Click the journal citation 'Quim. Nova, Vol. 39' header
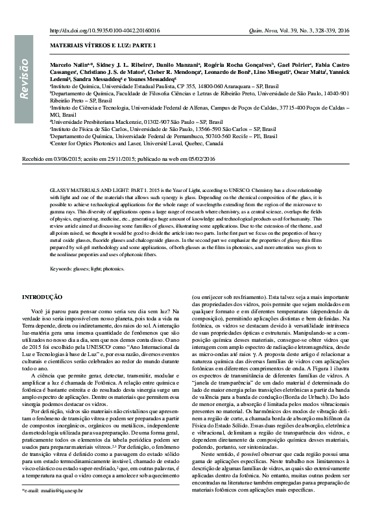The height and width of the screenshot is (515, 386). coord(280,30)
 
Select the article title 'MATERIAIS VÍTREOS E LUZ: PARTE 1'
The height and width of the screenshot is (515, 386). coord(104,47)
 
